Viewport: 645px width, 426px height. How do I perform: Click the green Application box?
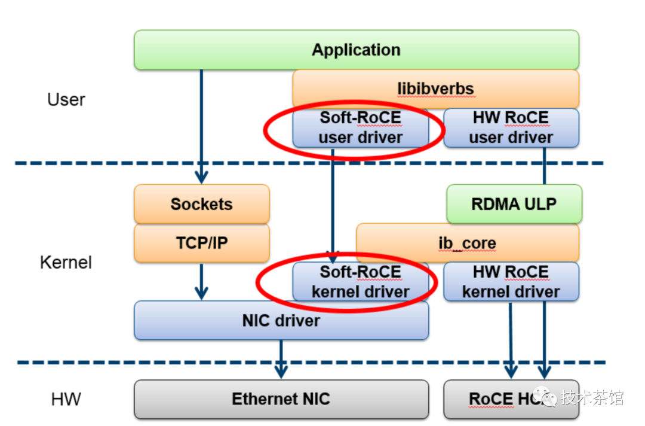(x=356, y=50)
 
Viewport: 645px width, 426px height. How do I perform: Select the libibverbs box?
(x=435, y=89)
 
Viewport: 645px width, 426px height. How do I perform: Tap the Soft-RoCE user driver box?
(x=360, y=127)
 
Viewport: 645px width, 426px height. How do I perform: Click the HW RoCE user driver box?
(x=511, y=127)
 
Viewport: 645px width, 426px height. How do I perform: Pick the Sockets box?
(x=201, y=204)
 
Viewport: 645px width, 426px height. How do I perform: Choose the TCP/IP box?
(x=201, y=242)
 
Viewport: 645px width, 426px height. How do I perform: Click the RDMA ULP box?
(x=514, y=204)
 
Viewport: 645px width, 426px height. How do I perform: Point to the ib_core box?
(x=467, y=243)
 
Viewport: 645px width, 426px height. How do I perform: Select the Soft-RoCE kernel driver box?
(x=360, y=282)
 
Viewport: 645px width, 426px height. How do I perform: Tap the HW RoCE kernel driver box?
(x=511, y=282)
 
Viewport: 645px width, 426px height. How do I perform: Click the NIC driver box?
(x=281, y=320)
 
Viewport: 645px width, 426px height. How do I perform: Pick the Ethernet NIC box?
(x=281, y=399)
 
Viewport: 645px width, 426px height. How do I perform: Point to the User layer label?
(x=66, y=99)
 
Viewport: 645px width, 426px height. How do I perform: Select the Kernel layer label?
(x=66, y=262)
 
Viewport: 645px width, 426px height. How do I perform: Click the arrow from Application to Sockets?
(x=201, y=126)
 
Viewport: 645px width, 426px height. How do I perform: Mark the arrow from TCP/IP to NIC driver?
(x=201, y=281)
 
